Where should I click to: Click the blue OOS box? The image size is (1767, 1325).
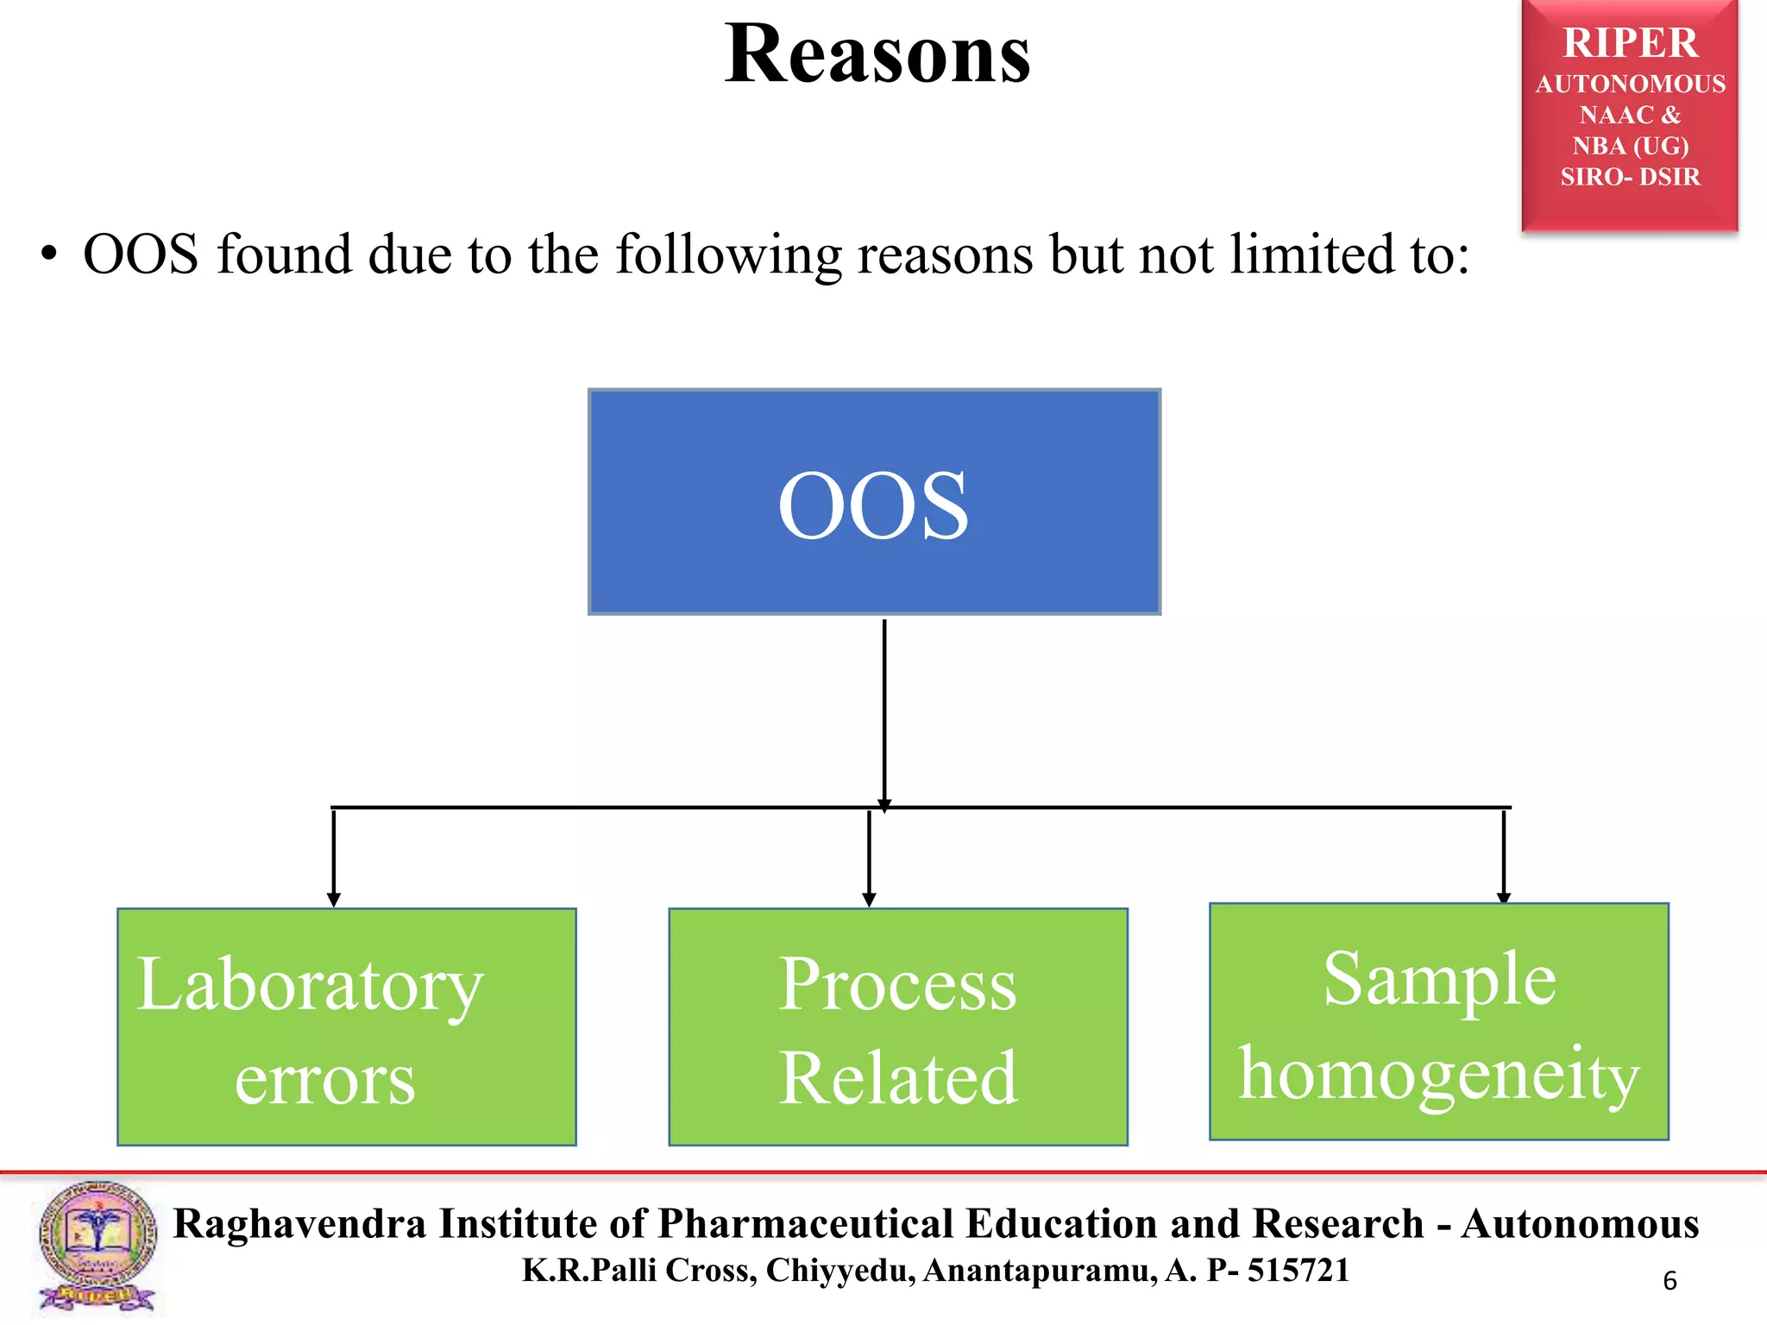click(874, 502)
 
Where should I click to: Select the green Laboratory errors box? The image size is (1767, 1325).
click(346, 1027)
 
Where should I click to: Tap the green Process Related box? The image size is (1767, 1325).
click(897, 1027)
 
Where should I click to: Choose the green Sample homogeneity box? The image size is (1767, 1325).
click(1438, 1021)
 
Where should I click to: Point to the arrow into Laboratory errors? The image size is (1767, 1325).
click(334, 857)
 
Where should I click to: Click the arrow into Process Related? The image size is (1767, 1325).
click(869, 857)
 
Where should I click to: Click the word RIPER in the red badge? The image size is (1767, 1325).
click(1630, 43)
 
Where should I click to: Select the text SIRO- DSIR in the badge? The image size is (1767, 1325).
click(1630, 177)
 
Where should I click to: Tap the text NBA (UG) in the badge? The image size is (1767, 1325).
click(1630, 146)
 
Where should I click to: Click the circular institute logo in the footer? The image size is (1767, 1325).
click(97, 1247)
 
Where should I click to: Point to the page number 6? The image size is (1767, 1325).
click(1670, 1281)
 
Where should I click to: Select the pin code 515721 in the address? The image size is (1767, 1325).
click(1298, 1271)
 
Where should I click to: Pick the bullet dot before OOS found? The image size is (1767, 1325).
click(49, 255)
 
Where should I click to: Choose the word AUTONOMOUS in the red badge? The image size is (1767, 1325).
click(1630, 84)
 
